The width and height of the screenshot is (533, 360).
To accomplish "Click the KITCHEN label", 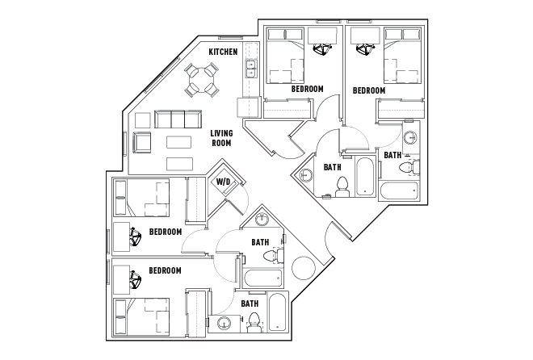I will click(223, 52).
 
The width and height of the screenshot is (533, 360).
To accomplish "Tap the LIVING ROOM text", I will click(221, 138).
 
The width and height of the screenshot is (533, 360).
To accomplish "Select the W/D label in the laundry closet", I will click(223, 182).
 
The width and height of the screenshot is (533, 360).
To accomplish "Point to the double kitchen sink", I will click(251, 70).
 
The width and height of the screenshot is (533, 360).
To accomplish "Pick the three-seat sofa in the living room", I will click(178, 119).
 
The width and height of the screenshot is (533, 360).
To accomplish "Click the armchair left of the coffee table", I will click(143, 144).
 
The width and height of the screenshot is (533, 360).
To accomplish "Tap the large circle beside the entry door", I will click(305, 267).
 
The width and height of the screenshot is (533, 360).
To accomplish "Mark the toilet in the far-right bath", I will click(413, 167).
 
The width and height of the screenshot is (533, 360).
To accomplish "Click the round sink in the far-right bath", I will click(409, 136).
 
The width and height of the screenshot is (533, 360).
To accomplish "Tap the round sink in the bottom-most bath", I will click(224, 324).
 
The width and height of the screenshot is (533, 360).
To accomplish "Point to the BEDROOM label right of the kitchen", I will click(307, 89).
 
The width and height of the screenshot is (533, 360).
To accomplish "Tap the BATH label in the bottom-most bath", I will click(250, 303).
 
